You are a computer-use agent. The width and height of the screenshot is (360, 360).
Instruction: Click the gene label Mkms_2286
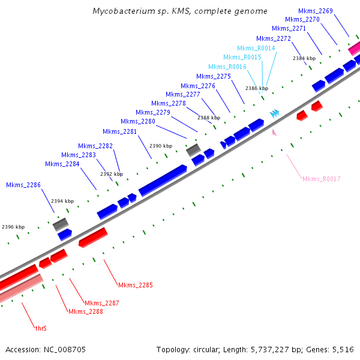coord(23,185)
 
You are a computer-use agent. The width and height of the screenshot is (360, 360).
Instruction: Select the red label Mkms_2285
coord(136,285)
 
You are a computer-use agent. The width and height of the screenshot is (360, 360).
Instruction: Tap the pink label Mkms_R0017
coord(322,179)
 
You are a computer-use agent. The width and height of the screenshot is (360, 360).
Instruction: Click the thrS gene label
coord(41,328)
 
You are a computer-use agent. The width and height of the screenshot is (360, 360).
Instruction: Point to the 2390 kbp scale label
coord(161,146)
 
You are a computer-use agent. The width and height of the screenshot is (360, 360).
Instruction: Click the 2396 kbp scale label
coord(13,227)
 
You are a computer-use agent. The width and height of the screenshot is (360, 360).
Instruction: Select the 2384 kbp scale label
coord(304,58)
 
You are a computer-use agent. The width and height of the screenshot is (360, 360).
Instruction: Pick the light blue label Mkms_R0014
coord(256,48)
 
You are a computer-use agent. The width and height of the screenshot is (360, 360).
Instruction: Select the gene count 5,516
coord(343,349)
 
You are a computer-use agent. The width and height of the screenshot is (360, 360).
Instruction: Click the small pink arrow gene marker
coord(275,132)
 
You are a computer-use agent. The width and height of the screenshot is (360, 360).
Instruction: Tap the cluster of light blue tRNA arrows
coord(275,112)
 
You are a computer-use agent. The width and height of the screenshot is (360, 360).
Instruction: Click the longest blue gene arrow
coord(163,180)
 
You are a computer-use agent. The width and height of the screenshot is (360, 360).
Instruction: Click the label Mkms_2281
coord(119,131)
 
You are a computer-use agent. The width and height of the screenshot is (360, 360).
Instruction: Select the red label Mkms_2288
coord(85,311)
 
